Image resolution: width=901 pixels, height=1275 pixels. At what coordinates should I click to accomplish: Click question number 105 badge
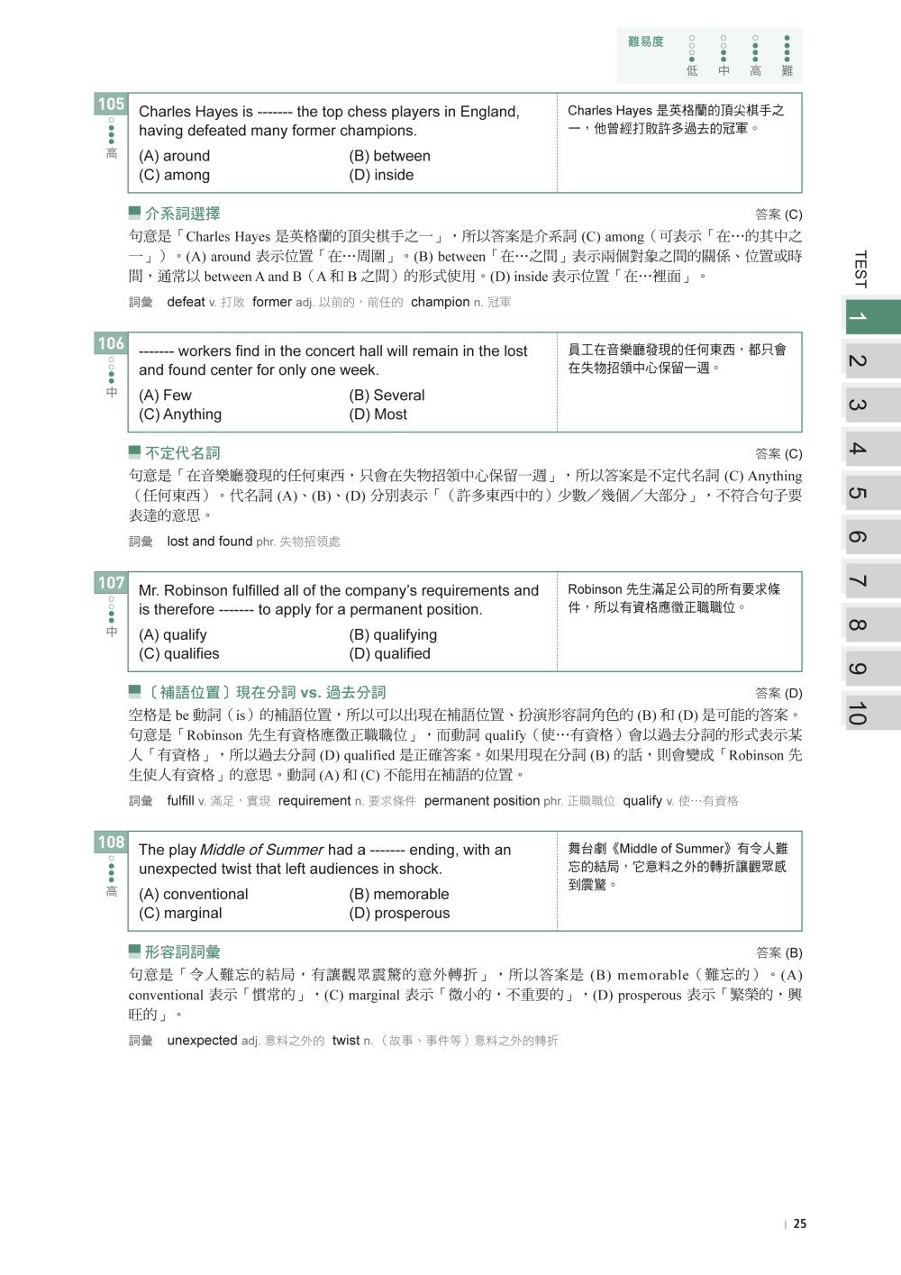point(111,105)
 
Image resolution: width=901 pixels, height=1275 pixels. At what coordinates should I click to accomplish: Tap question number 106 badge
point(111,343)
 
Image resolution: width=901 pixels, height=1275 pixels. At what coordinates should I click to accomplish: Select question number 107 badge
point(111,583)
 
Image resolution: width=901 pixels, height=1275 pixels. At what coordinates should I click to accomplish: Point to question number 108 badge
point(111,842)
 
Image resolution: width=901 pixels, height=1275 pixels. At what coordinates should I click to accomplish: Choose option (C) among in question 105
point(174,175)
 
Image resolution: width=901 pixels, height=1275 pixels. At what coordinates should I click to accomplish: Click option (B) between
point(389,156)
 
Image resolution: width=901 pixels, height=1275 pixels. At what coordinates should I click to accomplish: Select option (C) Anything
point(180,414)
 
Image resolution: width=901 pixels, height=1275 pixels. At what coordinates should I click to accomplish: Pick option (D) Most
point(378,414)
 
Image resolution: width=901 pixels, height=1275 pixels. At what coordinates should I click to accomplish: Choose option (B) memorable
point(398,894)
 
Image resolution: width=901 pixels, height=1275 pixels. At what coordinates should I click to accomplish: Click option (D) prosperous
point(399,913)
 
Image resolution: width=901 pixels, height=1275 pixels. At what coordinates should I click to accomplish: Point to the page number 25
point(800,1224)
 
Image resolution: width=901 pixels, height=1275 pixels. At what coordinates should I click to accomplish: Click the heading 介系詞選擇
point(182,214)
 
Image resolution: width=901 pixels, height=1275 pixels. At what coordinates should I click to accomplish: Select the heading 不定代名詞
point(182,453)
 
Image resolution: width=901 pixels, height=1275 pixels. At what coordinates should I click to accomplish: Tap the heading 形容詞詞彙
point(182,952)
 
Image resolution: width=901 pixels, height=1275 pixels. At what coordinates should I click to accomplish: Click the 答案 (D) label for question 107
point(778,693)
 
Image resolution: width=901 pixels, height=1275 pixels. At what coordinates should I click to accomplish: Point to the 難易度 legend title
point(646,41)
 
